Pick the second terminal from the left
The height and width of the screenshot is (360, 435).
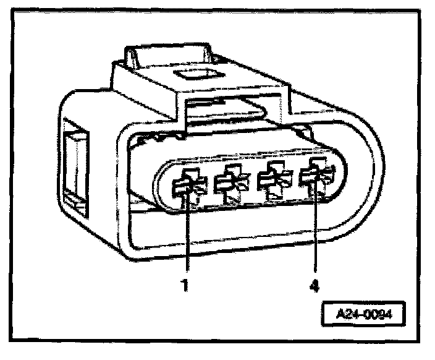point(228,184)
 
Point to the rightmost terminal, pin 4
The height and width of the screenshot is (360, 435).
point(313,180)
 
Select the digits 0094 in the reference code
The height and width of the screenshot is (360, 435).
point(379,314)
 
